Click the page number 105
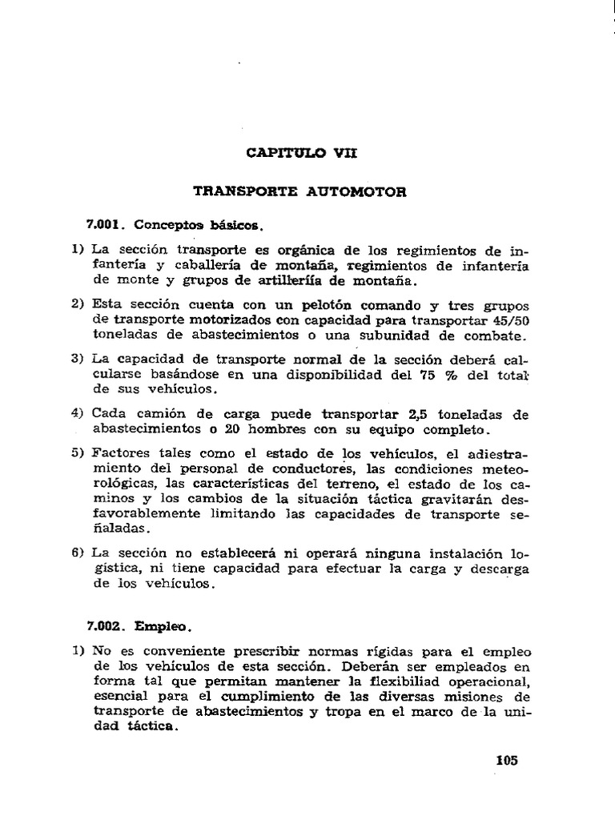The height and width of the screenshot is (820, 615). tap(507, 761)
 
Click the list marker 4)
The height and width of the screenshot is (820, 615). tap(77, 414)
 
